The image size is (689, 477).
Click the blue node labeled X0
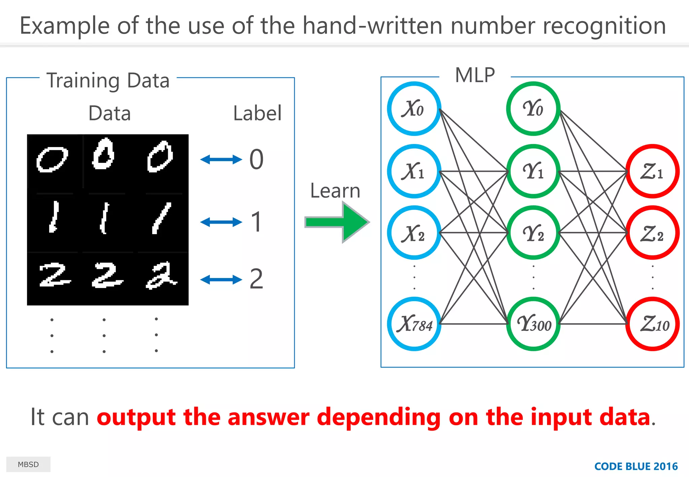(414, 109)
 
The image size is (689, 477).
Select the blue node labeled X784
(414, 324)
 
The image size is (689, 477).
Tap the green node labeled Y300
(533, 324)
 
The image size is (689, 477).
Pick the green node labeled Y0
(533, 109)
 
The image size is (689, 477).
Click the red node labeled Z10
(652, 324)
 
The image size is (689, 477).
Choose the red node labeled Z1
(652, 171)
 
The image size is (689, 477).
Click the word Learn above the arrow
(335, 191)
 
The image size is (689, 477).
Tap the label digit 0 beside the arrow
(256, 159)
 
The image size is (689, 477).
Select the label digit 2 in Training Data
(256, 279)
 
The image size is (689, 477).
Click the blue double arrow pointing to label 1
(221, 222)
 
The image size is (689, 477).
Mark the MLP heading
(475, 75)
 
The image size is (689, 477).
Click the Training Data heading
(108, 81)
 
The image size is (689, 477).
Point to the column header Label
(257, 113)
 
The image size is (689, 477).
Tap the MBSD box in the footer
(28, 464)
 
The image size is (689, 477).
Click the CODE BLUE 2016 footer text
(636, 466)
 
